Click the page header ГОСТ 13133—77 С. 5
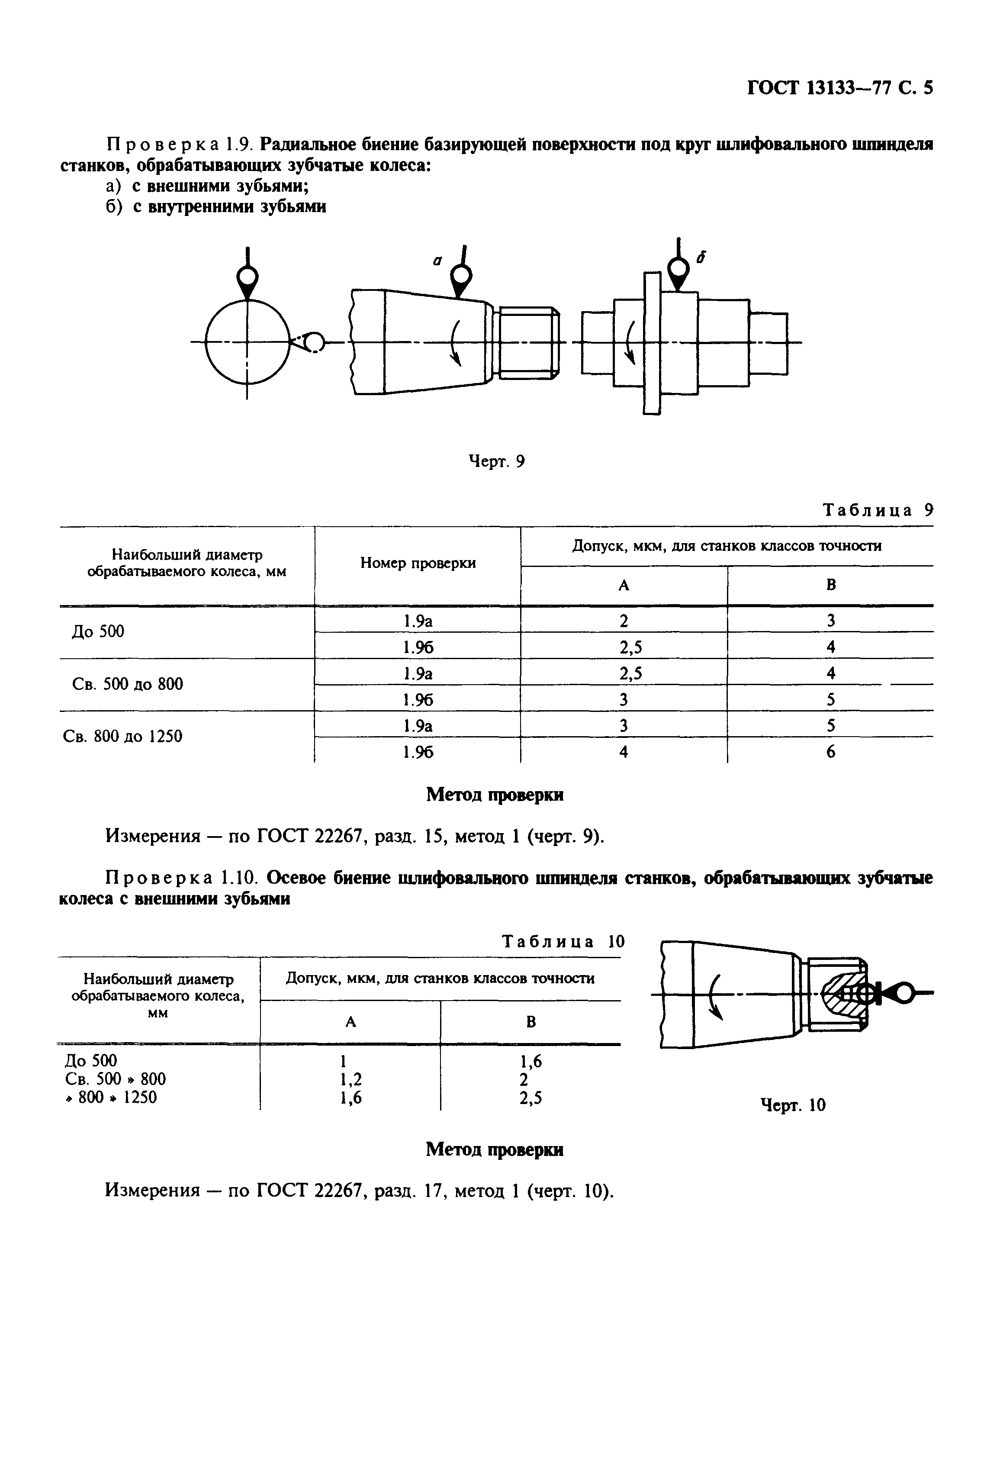pos(839,87)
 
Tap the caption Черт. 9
pos(497,461)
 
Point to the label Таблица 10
pos(563,941)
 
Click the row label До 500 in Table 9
pos(98,631)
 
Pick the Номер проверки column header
pos(417,563)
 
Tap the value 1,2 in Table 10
pos(351,1079)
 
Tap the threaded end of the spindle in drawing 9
pos(526,342)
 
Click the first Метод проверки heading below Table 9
pos(495,795)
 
